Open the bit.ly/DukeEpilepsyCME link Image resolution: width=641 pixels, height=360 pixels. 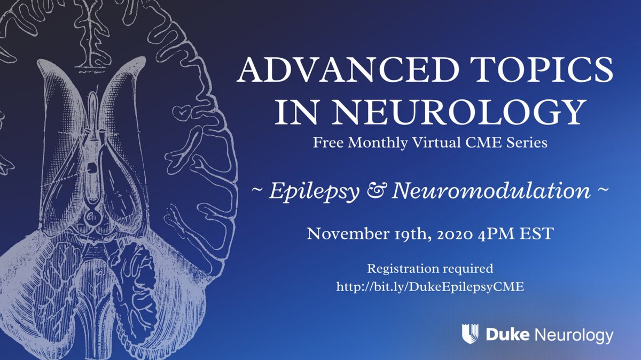coord(429,286)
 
